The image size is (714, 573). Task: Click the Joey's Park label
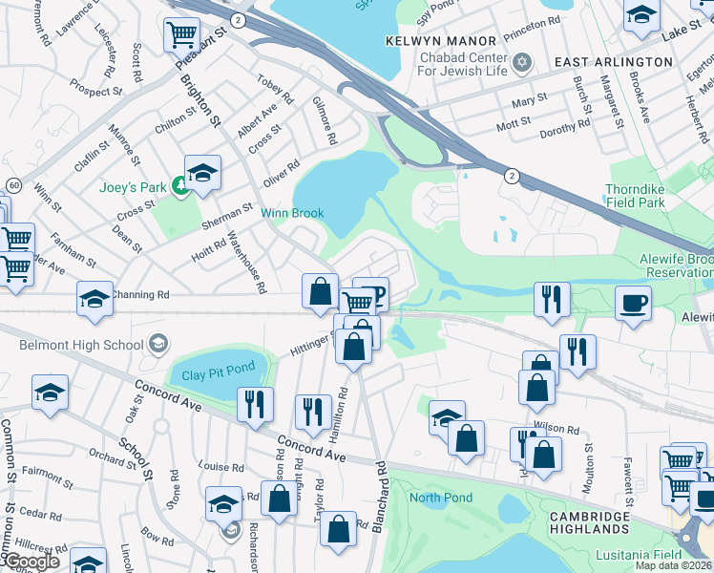coord(135,187)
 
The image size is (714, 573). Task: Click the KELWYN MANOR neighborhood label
coord(441,41)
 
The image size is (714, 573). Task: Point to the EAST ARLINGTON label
coord(614,61)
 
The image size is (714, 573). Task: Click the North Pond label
coord(441,498)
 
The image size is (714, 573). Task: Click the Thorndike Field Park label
coord(647,196)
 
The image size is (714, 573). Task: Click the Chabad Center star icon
coord(521,63)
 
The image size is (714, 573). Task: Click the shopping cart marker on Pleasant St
coord(181,35)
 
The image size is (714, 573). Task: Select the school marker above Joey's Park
coord(202,173)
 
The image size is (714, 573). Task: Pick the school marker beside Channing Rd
coord(95,299)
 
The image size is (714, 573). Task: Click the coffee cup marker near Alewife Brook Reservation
coord(633,303)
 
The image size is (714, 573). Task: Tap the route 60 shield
coord(13,183)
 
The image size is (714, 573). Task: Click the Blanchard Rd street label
coord(381,487)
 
